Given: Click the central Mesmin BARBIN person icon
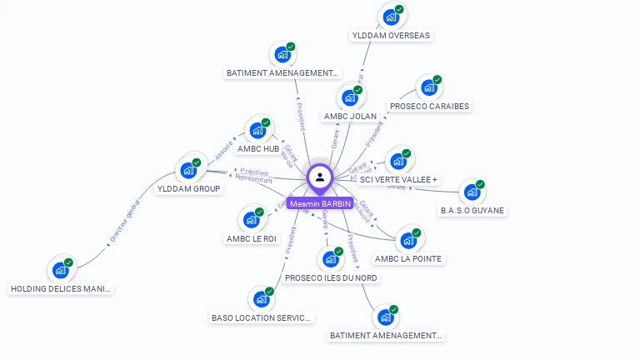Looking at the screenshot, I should [320, 177].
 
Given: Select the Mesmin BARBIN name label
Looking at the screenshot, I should [321, 203].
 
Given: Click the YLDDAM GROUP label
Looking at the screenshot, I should [189, 188].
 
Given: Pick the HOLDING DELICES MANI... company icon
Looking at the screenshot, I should [60, 270].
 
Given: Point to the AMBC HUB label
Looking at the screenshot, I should [258, 148].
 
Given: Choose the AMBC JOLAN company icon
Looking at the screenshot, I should [349, 97].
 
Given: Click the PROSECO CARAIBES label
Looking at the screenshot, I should [429, 107].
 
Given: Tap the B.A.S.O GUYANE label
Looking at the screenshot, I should [472, 210].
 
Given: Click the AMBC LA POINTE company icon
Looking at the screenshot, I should [407, 240].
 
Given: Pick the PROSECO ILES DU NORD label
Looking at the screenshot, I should [331, 277].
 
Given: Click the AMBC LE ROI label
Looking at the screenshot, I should [251, 238].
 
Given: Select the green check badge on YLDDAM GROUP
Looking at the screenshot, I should [197, 162].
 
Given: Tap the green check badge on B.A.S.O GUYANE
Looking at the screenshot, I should [480, 184].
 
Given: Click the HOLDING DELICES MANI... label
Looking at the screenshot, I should [60, 288].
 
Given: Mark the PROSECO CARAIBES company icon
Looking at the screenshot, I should [428, 87].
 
